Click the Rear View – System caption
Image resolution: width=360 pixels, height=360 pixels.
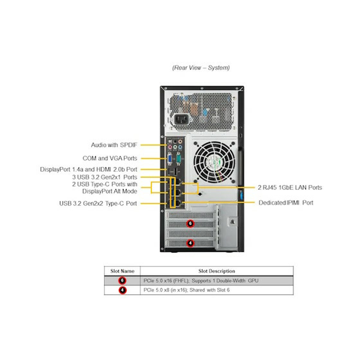coord(201,68)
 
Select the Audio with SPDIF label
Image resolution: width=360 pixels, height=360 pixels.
coord(114,145)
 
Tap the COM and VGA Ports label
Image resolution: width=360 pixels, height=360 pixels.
coord(110,158)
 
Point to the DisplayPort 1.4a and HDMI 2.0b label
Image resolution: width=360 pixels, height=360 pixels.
coord(88,169)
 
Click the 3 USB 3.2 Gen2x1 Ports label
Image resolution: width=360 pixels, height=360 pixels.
coord(104,177)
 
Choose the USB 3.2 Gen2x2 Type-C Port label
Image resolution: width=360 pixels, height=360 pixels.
coord(98,203)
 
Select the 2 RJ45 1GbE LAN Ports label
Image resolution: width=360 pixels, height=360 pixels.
coord(290,187)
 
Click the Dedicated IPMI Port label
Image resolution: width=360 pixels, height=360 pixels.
coord(286,203)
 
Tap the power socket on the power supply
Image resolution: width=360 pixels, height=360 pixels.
coord(181,120)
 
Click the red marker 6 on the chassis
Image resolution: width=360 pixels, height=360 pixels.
coord(190,223)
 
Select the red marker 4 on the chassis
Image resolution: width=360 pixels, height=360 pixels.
coord(190,243)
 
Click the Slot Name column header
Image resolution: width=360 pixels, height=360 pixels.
coord(122,271)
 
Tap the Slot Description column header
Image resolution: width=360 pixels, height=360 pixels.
coord(217,271)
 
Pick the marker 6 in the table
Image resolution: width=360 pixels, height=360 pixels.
coord(122,281)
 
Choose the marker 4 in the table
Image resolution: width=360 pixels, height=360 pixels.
coord(122,290)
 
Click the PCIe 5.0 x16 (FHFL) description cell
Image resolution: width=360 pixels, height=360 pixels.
coord(201,281)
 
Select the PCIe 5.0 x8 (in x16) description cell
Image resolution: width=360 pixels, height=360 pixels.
coord(186,290)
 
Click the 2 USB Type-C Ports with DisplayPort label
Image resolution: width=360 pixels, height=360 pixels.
coord(104,188)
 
